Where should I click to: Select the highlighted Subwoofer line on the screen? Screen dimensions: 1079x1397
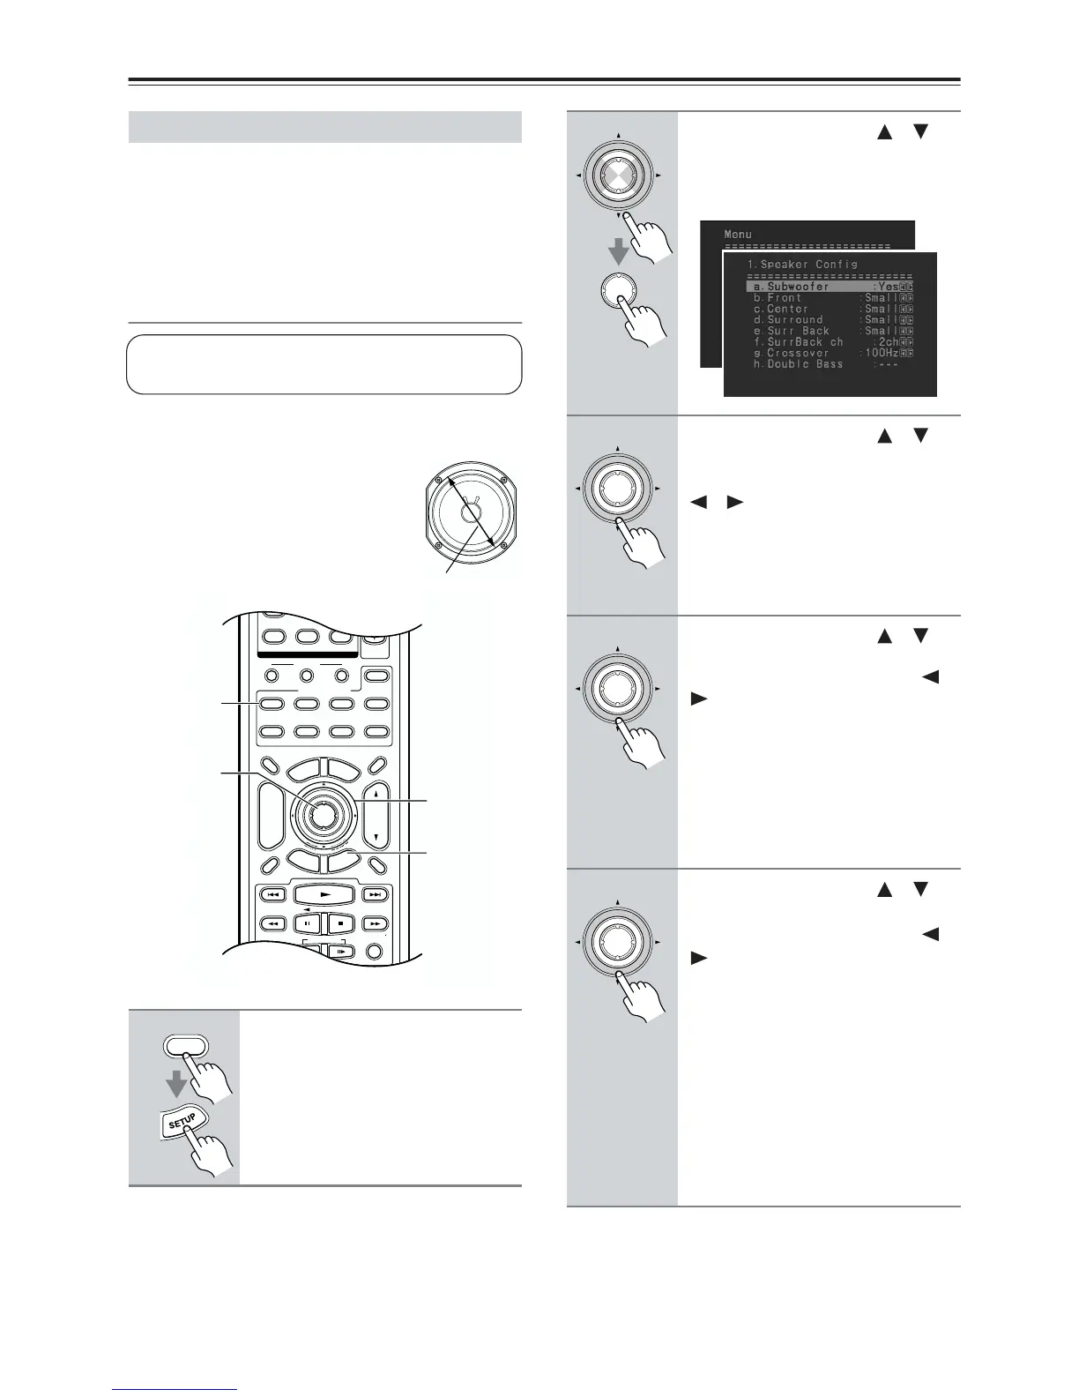point(829,287)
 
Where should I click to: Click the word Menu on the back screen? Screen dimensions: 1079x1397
point(738,234)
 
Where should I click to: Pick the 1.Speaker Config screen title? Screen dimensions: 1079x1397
point(801,264)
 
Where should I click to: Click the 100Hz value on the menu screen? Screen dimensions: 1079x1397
point(880,353)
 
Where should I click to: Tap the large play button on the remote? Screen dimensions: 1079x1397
point(324,894)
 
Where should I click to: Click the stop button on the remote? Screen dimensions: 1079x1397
point(339,923)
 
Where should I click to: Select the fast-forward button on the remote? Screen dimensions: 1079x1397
point(376,923)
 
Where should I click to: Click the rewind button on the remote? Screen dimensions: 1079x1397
point(272,923)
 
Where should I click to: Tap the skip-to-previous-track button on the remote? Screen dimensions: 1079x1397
point(272,894)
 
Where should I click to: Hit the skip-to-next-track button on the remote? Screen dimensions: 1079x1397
point(376,894)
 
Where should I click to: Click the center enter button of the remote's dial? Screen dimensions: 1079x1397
point(322,815)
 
